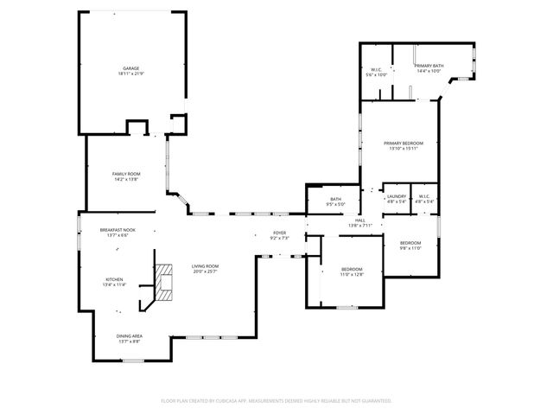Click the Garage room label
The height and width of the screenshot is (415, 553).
pyautogui.click(x=130, y=68)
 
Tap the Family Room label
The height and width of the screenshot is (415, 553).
pyautogui.click(x=126, y=174)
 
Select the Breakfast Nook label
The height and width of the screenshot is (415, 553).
pyautogui.click(x=118, y=230)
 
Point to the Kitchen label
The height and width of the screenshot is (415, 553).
pyautogui.click(x=114, y=279)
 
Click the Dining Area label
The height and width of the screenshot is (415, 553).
pyautogui.click(x=130, y=335)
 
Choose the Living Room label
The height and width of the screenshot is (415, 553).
pyautogui.click(x=205, y=266)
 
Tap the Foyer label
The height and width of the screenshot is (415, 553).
pyautogui.click(x=280, y=233)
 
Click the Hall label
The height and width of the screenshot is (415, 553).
pyautogui.click(x=359, y=220)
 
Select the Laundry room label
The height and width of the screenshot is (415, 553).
pyautogui.click(x=397, y=196)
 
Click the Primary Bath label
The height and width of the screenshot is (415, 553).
pyautogui.click(x=429, y=66)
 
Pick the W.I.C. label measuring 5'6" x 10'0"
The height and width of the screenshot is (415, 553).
pyautogui.click(x=377, y=69)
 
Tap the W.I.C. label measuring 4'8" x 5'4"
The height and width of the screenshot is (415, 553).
pyautogui.click(x=423, y=196)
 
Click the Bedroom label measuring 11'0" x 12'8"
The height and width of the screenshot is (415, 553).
pyautogui.click(x=351, y=269)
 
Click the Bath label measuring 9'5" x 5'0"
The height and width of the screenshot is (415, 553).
pyautogui.click(x=335, y=200)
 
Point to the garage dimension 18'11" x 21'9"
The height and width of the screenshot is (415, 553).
pyautogui.click(x=130, y=74)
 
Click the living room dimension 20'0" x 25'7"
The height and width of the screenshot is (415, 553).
pyautogui.click(x=205, y=271)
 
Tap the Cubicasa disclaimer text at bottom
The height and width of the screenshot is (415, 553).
pyautogui.click(x=276, y=400)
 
